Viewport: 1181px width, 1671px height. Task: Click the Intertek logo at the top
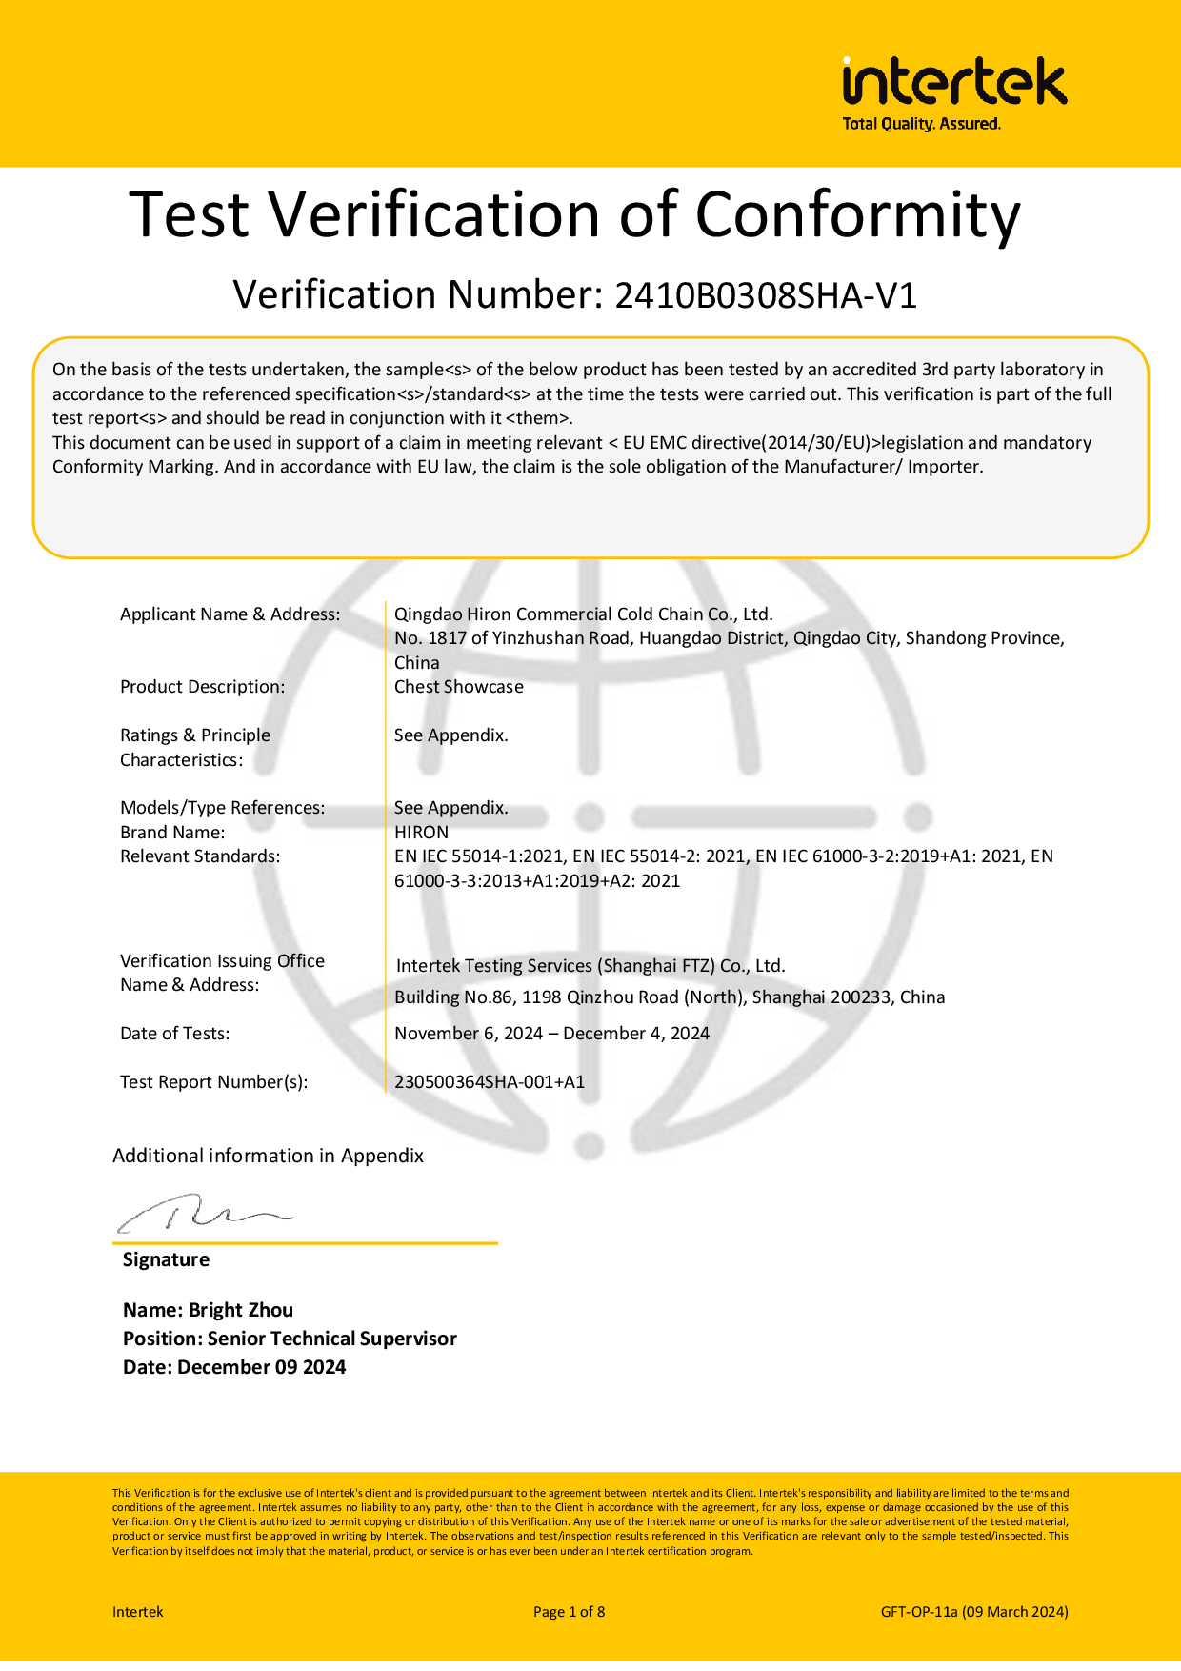[x=954, y=82]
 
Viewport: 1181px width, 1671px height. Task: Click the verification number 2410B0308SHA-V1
[x=766, y=296]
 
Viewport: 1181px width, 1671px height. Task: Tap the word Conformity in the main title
[x=857, y=214]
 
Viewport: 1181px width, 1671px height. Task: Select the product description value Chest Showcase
[x=459, y=687]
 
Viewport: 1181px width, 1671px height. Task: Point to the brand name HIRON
[x=421, y=832]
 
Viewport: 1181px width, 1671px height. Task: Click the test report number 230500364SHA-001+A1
[x=490, y=1082]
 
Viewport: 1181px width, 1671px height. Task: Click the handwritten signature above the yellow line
[x=205, y=1214]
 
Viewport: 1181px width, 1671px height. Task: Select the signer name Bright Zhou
[x=241, y=1310]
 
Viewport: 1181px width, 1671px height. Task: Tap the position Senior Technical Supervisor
[x=331, y=1339]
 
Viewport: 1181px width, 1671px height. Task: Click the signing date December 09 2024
[x=261, y=1367]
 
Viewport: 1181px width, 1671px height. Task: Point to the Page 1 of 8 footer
[x=569, y=1612]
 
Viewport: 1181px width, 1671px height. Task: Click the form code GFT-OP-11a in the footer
[x=919, y=1612]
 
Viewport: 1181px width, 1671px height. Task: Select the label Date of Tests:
[x=174, y=1034]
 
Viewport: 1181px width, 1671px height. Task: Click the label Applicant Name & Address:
[x=230, y=614]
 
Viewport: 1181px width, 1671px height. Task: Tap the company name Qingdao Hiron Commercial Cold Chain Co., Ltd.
[x=583, y=614]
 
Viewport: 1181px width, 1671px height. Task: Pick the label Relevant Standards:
[x=200, y=856]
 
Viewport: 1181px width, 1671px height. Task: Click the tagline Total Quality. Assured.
[x=921, y=124]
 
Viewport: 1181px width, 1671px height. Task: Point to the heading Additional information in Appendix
[x=268, y=1156]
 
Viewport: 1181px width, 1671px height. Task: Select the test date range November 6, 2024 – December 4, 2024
[x=551, y=1034]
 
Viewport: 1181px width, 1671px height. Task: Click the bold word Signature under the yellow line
[x=166, y=1259]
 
